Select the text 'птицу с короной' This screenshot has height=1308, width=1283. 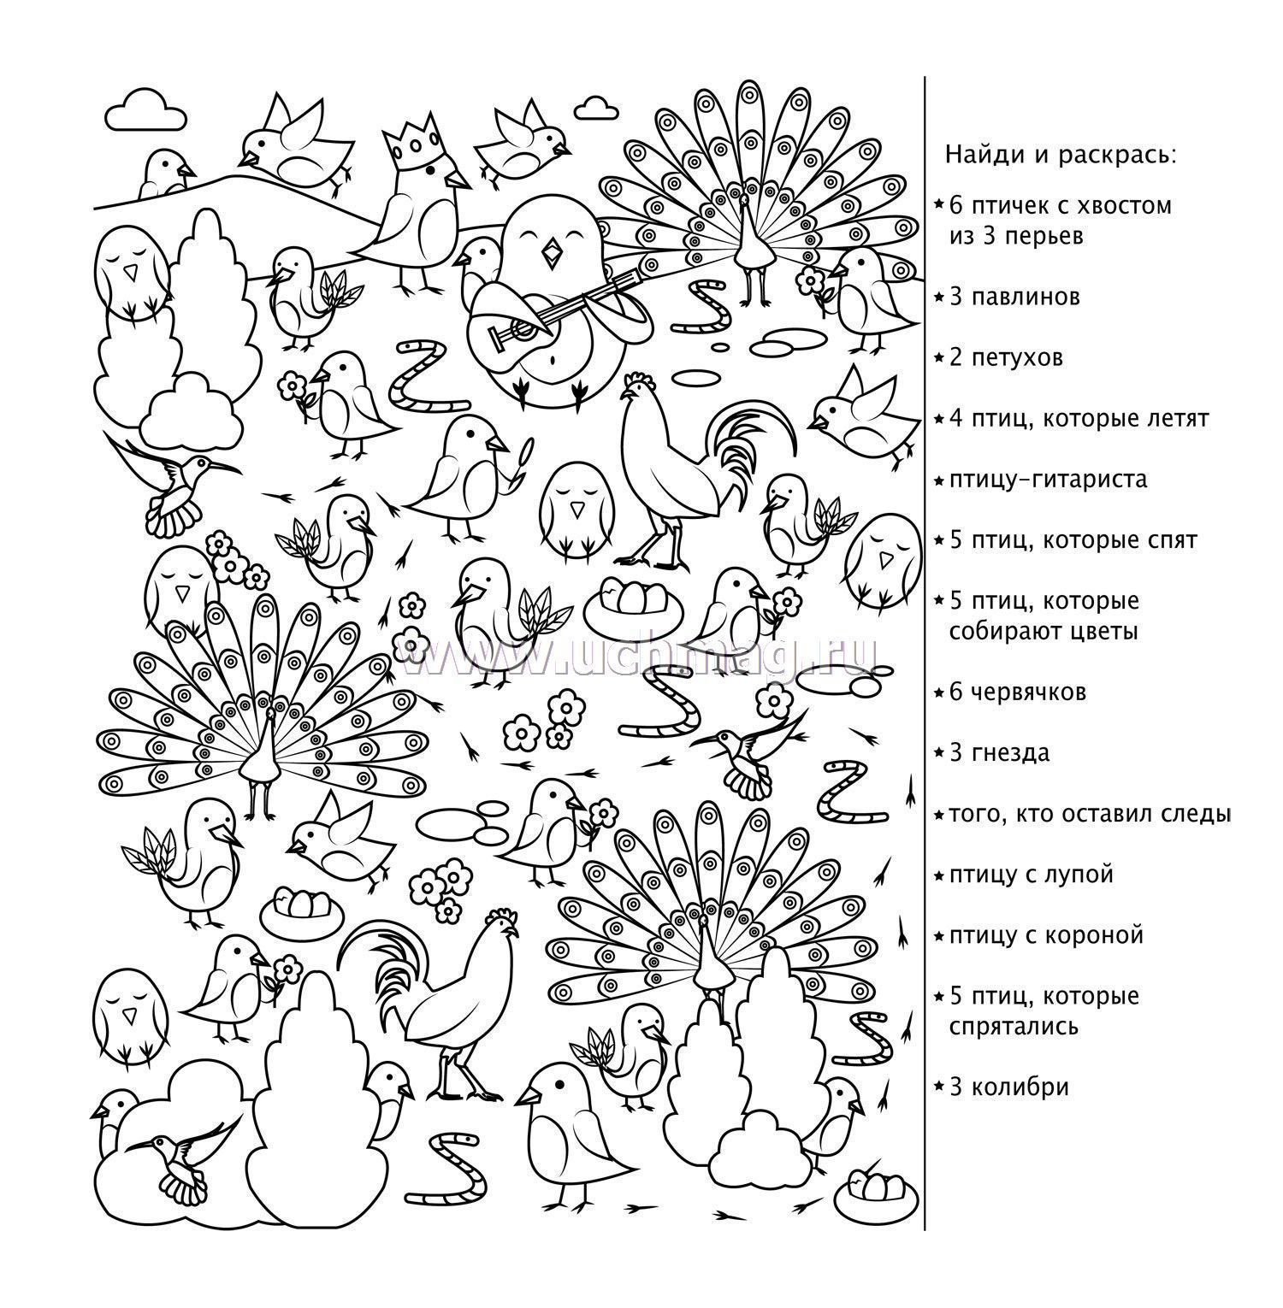pos(1046,936)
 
